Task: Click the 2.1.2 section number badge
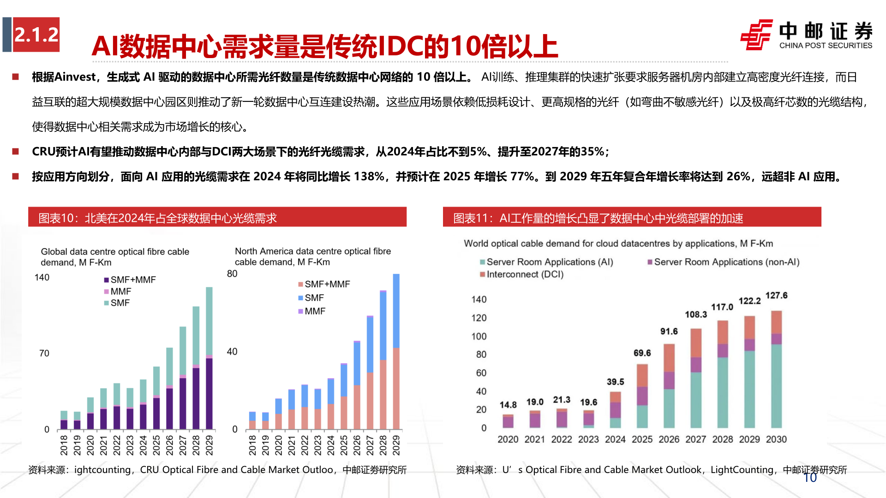coord(36,35)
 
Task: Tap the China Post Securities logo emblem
coord(756,35)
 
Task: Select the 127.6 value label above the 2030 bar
coord(776,296)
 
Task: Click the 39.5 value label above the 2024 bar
coord(615,382)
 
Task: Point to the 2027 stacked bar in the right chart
coord(695,378)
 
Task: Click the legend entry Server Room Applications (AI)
coord(549,262)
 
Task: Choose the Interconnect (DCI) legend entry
coord(524,274)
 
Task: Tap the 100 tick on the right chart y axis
coord(479,336)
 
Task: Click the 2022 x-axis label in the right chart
coord(561,439)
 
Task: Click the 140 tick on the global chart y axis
coord(42,278)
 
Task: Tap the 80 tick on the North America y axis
coord(232,274)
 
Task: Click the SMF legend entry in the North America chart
coord(314,298)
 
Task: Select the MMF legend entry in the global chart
coord(120,291)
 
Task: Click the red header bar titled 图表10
coord(217,218)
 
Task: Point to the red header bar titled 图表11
coord(632,218)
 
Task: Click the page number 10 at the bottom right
coord(810,478)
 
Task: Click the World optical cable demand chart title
coord(618,243)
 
